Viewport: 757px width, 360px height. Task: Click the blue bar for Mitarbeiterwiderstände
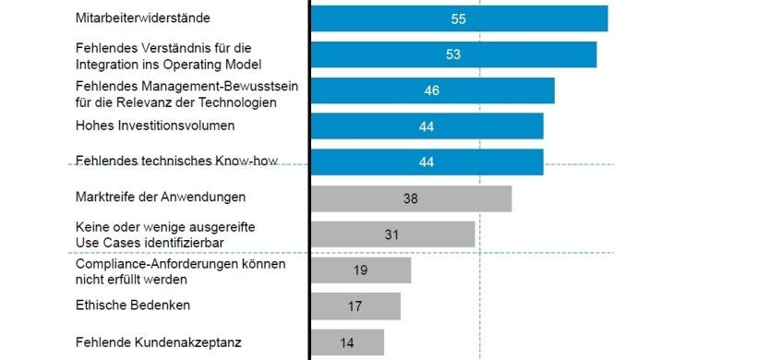pyautogui.click(x=459, y=18)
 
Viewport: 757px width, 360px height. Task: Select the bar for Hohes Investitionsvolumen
pyautogui.click(x=427, y=126)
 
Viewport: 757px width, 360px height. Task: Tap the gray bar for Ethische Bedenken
pyautogui.click(x=355, y=306)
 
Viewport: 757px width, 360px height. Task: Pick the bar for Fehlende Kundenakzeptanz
pyautogui.click(x=347, y=342)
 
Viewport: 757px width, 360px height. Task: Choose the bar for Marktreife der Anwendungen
pyautogui.click(x=411, y=198)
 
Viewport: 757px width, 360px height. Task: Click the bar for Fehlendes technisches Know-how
pyautogui.click(x=427, y=162)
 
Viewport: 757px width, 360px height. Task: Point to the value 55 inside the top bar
pyautogui.click(x=459, y=18)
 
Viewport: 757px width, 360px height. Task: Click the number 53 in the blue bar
pyautogui.click(x=453, y=54)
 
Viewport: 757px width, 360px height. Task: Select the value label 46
pyautogui.click(x=431, y=90)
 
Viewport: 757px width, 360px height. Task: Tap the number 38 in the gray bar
pyautogui.click(x=411, y=198)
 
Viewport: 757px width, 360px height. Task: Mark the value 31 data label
pyautogui.click(x=391, y=234)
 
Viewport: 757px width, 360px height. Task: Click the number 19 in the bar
pyautogui.click(x=361, y=270)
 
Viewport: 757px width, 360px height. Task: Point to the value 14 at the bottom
pyautogui.click(x=347, y=342)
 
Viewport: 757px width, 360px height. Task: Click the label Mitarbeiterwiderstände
pyautogui.click(x=142, y=18)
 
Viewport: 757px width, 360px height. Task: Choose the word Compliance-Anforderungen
pyautogui.click(x=154, y=264)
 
